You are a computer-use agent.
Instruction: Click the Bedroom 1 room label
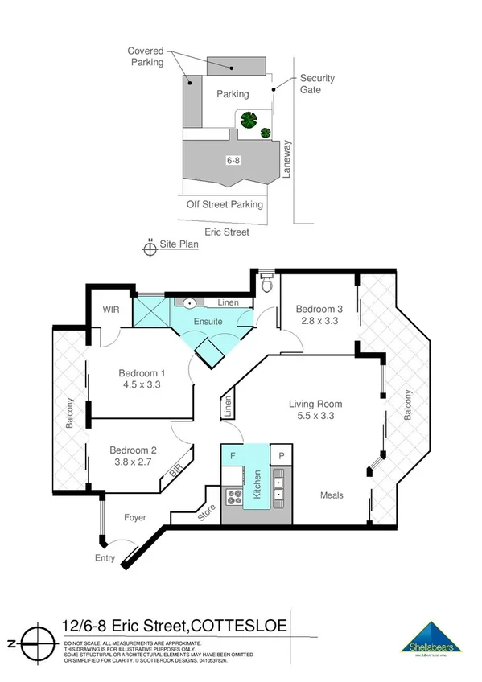(142, 373)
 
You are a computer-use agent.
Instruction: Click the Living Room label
(316, 404)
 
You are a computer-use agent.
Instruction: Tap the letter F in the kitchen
(233, 455)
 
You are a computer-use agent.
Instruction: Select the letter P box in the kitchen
(282, 455)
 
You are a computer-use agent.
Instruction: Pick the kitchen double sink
(277, 490)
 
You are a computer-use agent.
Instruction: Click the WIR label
(110, 310)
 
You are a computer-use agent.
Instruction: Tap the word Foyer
(135, 517)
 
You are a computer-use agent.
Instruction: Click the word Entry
(105, 558)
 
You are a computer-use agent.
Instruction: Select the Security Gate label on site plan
(317, 84)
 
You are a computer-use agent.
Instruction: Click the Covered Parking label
(146, 56)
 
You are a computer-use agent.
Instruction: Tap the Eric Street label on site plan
(226, 232)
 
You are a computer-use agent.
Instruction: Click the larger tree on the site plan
(248, 121)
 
